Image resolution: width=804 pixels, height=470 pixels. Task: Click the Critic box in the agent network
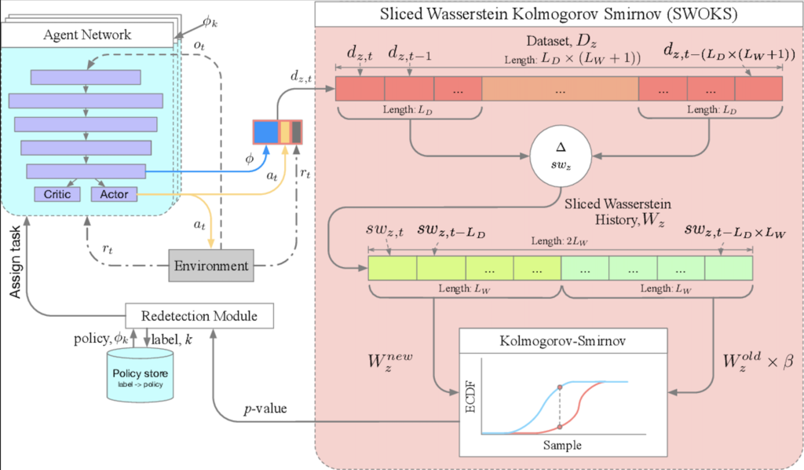(x=57, y=193)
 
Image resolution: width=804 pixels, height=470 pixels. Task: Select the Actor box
(x=114, y=193)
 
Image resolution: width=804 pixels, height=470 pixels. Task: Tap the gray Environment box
(x=212, y=266)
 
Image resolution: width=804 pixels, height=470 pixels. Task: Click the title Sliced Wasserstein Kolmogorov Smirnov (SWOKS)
(x=557, y=15)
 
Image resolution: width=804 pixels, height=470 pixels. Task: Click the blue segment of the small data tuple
(x=265, y=131)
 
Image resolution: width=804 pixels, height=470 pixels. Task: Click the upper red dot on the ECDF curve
(x=559, y=387)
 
